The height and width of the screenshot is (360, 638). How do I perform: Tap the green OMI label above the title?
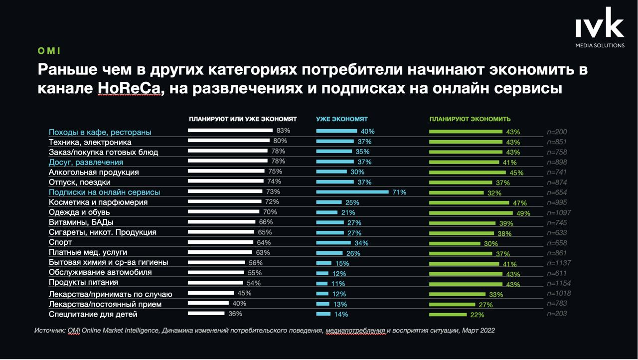click(49, 51)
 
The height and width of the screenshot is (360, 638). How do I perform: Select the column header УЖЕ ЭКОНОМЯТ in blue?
click(342, 119)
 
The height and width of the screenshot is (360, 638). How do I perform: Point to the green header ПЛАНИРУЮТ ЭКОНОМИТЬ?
click(470, 119)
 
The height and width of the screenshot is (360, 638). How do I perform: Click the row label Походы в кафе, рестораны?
click(100, 132)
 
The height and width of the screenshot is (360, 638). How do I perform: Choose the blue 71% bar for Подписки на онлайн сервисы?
click(352, 191)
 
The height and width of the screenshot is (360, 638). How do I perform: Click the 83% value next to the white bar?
click(283, 131)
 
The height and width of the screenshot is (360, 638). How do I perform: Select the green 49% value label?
click(523, 213)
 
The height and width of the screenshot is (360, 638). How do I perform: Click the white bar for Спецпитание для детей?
click(206, 314)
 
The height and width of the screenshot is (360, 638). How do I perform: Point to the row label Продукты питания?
click(83, 282)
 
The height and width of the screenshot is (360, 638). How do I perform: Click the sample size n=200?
click(557, 132)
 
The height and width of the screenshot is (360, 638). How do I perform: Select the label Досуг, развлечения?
click(86, 162)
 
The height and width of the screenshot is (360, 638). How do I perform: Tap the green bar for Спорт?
click(455, 243)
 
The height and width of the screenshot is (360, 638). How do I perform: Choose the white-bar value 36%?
click(235, 314)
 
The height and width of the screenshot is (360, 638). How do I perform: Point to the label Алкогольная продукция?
click(94, 172)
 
